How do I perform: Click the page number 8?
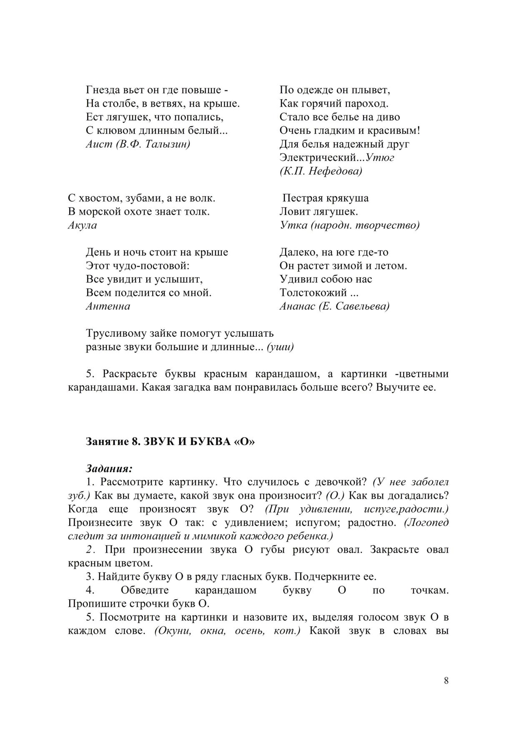[x=446, y=681]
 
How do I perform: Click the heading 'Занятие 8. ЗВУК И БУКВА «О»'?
[x=170, y=442]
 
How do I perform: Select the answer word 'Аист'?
[x=99, y=144]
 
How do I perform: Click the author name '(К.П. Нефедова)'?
[x=321, y=171]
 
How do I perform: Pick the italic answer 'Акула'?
[x=82, y=225]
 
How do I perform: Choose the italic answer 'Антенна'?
[x=108, y=306]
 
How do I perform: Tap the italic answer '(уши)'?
[x=280, y=347]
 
